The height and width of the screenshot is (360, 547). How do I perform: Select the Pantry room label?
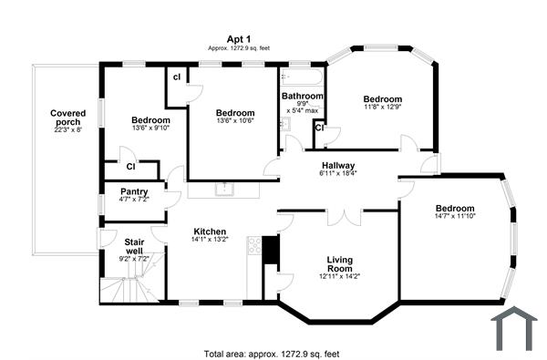coord(133,191)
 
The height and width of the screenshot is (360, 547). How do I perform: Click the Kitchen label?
coord(210,231)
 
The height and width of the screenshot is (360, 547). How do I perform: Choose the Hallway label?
coord(338,165)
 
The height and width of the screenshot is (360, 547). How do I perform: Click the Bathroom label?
coord(302,96)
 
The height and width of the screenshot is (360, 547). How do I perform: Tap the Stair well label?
coord(134,247)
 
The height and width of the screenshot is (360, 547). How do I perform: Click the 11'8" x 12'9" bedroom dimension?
coord(382,108)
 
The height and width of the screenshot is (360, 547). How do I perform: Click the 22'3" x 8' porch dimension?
coord(67,129)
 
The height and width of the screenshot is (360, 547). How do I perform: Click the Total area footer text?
coord(272,353)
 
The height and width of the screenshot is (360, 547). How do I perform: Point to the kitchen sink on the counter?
coord(224,190)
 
